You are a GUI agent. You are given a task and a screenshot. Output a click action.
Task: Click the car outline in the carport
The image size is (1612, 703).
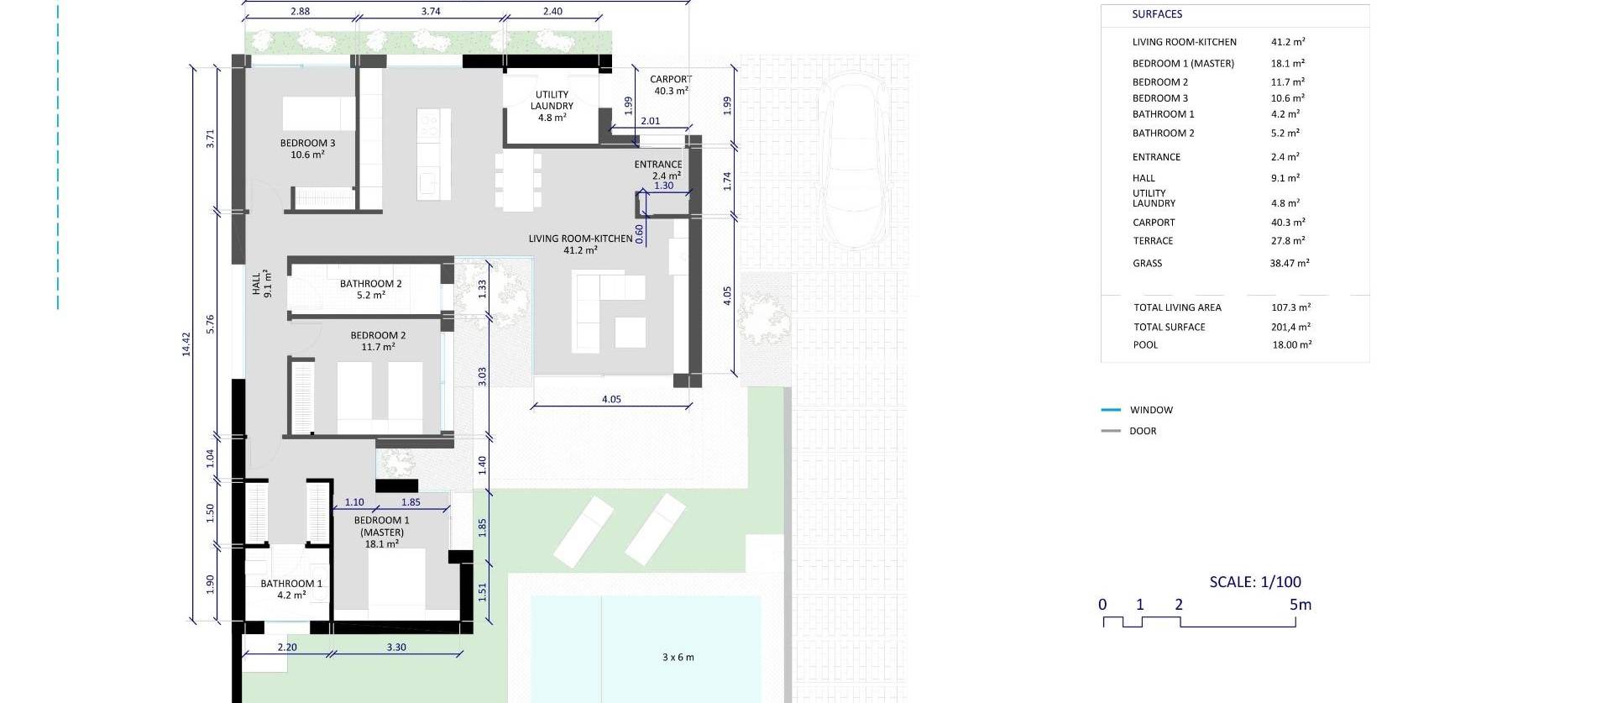(x=853, y=160)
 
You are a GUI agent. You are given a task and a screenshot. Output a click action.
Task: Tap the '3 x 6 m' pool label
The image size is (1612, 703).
(x=678, y=657)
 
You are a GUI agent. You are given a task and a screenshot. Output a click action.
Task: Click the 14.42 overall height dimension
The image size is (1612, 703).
(x=186, y=344)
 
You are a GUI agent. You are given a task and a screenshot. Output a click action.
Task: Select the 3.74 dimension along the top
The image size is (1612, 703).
(x=431, y=12)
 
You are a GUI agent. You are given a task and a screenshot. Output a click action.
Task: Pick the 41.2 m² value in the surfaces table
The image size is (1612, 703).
(x=1288, y=41)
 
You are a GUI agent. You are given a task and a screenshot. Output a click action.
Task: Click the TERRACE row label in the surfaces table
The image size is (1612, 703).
(x=1153, y=241)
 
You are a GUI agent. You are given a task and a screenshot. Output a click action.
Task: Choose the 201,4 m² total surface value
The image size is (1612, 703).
(x=1290, y=327)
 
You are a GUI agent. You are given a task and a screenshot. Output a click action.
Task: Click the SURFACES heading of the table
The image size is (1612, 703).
(x=1157, y=14)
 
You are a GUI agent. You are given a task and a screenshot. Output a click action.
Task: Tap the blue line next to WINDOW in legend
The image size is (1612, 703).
(x=1111, y=410)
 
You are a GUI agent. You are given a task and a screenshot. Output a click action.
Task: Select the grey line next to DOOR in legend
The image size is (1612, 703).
(x=1111, y=431)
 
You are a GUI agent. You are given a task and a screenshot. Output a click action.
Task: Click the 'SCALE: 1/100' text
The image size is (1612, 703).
(x=1255, y=581)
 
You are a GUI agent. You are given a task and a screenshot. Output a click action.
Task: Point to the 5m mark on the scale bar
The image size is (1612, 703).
(x=1300, y=604)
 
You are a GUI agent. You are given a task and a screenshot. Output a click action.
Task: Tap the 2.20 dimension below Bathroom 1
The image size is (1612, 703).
(x=287, y=647)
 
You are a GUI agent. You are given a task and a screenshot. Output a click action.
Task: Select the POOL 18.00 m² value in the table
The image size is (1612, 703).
(x=1292, y=344)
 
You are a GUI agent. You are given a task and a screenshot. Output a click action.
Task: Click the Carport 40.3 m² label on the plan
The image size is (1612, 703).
(x=671, y=85)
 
